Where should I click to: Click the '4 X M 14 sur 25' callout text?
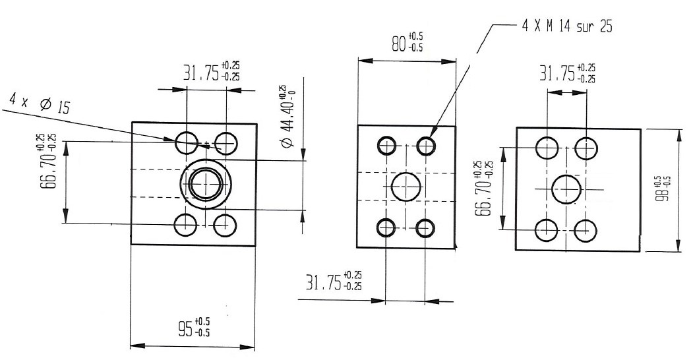point(567,26)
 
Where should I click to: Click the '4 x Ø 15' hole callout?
point(40,104)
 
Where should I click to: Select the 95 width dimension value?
point(194,327)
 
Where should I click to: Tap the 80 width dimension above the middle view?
point(407,42)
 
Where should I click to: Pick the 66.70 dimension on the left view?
point(47,161)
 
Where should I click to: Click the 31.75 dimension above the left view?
point(212,72)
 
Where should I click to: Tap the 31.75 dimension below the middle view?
point(334,281)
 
